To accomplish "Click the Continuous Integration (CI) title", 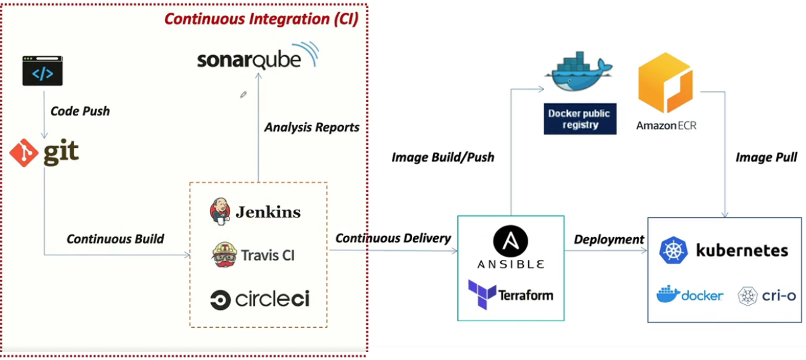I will click(261, 18).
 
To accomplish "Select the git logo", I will click(44, 153).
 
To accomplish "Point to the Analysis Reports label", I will click(311, 127).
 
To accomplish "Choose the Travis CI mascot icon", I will click(224, 255).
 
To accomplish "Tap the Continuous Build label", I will click(115, 239).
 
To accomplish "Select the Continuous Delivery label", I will click(393, 238).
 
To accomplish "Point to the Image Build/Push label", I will click(443, 157).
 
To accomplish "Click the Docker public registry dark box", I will click(580, 119).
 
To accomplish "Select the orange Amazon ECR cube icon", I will click(665, 83).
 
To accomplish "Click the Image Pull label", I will click(766, 157).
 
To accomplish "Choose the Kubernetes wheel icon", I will click(673, 250).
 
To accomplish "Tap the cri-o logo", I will click(767, 296).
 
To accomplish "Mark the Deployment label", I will click(609, 240).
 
